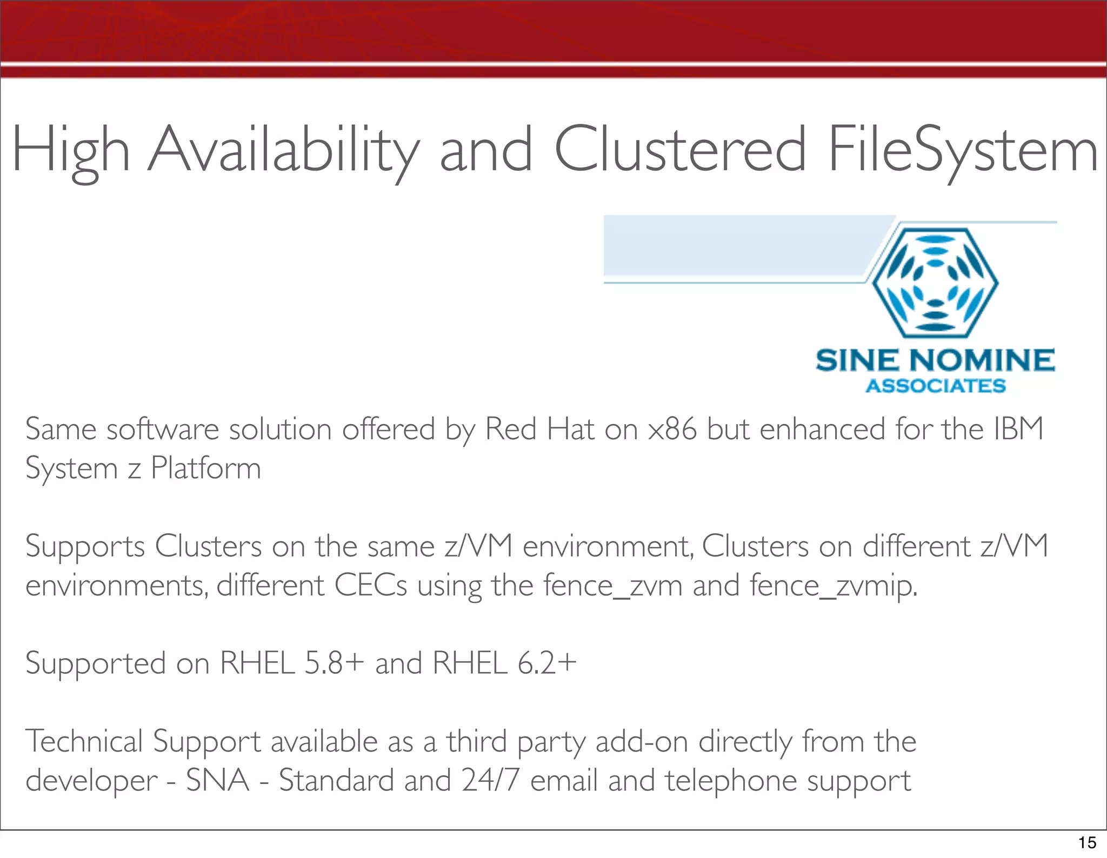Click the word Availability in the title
click(x=283, y=151)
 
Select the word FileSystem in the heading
click(x=962, y=151)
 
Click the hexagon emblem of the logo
click(x=936, y=283)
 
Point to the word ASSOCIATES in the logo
click(x=936, y=386)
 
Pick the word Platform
click(x=206, y=468)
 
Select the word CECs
click(x=371, y=586)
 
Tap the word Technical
click(x=84, y=741)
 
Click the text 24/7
click(x=491, y=781)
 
